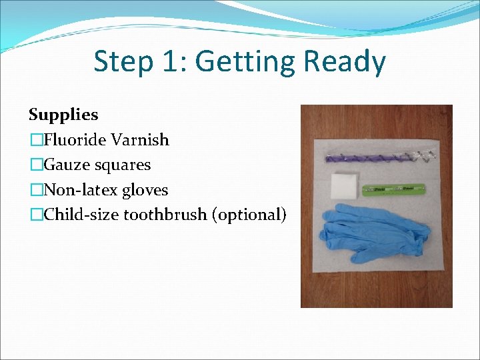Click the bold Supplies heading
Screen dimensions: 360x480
(63, 115)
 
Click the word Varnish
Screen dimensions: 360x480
(140, 140)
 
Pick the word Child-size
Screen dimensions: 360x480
(79, 215)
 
